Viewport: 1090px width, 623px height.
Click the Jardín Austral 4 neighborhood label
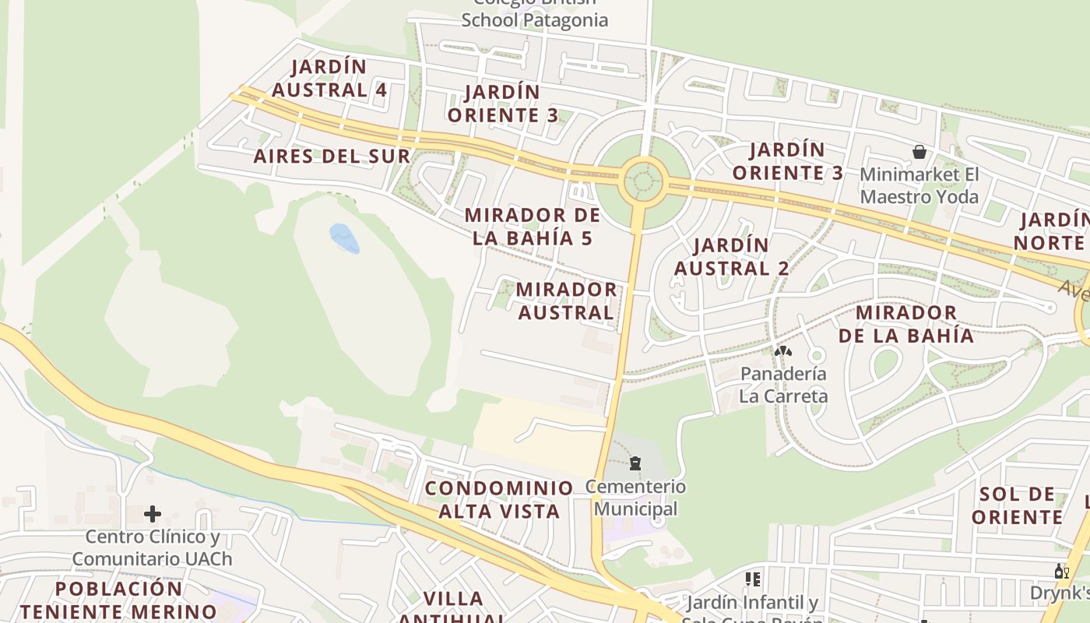[329, 78]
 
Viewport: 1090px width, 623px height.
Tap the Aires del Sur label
[332, 156]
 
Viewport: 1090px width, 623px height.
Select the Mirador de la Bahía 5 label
[533, 227]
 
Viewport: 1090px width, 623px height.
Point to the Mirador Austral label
[566, 301]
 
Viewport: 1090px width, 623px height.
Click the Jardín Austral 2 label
[731, 257]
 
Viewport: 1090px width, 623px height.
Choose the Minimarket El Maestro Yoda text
[919, 185]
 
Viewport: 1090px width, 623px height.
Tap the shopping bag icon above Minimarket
[919, 151]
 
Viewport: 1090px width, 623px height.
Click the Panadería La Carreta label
[783, 385]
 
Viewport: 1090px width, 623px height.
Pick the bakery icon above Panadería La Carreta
[782, 351]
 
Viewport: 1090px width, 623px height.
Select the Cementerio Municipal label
[636, 498]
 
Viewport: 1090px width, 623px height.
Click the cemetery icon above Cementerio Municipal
[635, 463]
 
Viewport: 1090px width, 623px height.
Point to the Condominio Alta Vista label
[499, 500]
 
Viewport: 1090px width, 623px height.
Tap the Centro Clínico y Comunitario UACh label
[152, 547]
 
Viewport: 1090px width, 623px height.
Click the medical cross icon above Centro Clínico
[153, 513]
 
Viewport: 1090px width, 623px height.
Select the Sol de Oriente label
[1017, 505]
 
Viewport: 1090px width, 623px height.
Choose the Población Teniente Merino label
[118, 600]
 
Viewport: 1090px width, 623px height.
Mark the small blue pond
[344, 238]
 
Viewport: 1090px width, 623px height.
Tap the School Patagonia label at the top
[534, 19]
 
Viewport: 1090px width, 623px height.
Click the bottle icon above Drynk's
[1061, 572]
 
